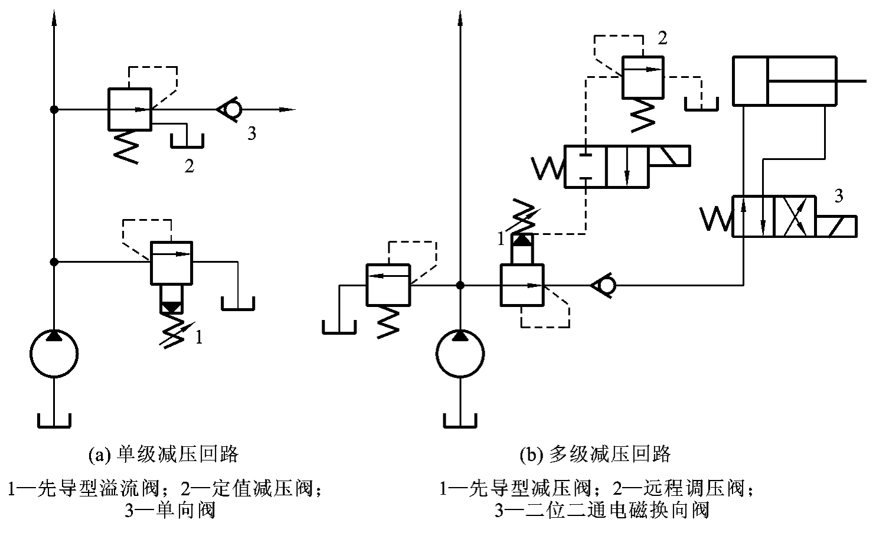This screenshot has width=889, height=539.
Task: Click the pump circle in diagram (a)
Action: coord(54,354)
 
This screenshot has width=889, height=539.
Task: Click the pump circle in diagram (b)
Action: coord(460,354)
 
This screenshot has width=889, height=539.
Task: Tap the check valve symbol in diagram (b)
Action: coord(604,286)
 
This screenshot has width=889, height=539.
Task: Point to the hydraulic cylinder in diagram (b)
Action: coord(784,81)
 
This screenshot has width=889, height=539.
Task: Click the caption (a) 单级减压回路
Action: coord(162,455)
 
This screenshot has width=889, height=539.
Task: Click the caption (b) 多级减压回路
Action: coord(595,455)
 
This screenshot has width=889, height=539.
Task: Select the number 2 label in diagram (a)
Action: coord(189,166)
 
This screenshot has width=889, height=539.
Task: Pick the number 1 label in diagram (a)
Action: coord(199,338)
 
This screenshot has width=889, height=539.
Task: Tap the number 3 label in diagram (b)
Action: coord(839,196)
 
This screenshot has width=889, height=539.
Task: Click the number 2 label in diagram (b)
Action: coord(662,38)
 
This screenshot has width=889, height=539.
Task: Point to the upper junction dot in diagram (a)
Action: coord(54,109)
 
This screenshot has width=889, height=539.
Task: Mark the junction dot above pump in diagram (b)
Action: coord(460,286)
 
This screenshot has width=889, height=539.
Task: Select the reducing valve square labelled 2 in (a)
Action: coord(130,109)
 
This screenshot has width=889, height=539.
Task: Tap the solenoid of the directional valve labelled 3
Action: coord(835,226)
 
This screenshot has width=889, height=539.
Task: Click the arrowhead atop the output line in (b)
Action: coord(460,18)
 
